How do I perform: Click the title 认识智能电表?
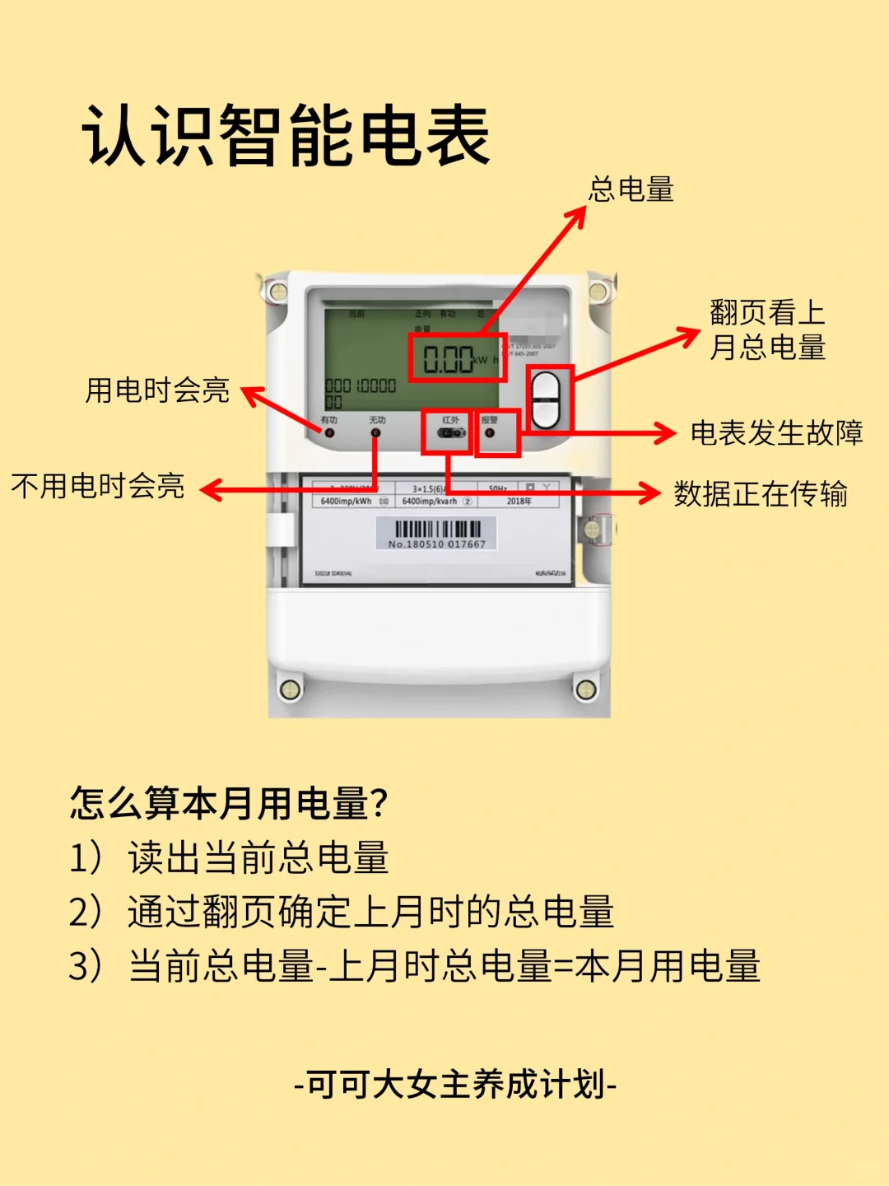tap(286, 136)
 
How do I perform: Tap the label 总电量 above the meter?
tap(631, 189)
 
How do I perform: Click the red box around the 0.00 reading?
tap(457, 358)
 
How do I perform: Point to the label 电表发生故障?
tap(776, 432)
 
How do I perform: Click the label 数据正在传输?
tap(761, 494)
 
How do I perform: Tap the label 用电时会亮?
tap(157, 390)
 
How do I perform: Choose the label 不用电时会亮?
tap(98, 486)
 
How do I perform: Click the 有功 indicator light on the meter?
tap(330, 432)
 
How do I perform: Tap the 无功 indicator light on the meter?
tap(376, 432)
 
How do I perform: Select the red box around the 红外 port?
tap(447, 432)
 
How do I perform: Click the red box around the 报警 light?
tap(497, 432)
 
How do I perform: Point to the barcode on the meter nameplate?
tap(437, 529)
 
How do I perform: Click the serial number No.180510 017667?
tap(437, 544)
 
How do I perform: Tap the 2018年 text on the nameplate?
tap(519, 501)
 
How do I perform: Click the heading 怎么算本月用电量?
tap(229, 803)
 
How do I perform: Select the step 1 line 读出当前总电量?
tap(258, 857)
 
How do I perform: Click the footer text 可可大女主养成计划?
tap(455, 1085)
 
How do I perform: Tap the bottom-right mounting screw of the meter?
tap(585, 689)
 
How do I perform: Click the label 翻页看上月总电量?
tap(767, 329)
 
